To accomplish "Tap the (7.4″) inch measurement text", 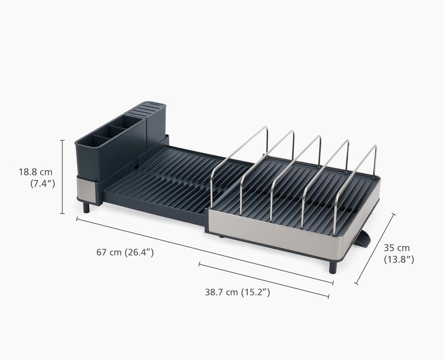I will click(43, 183).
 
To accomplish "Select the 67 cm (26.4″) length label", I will click(125, 252).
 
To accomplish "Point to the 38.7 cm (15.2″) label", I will click(237, 292).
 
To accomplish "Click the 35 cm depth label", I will click(396, 248).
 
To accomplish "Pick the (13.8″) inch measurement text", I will click(399, 260).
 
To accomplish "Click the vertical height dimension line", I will click(62, 177).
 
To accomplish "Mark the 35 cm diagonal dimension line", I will click(375, 249).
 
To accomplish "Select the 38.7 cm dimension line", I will click(264, 280).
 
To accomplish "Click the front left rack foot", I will click(86, 207).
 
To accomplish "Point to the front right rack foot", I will click(333, 268).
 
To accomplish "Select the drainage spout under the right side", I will click(364, 239).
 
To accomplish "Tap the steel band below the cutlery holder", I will click(86, 189).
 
